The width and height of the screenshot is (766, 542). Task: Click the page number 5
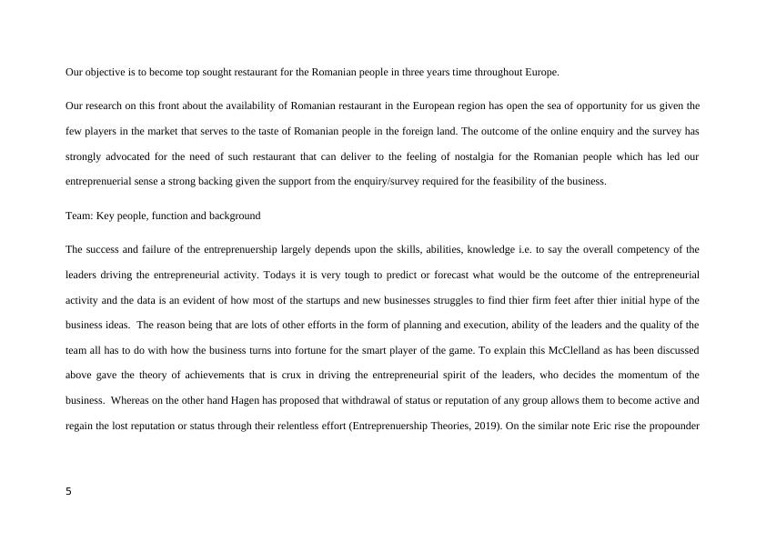point(69,492)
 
